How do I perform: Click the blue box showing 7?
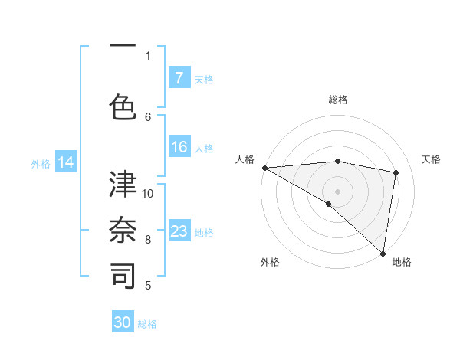pyautogui.click(x=179, y=78)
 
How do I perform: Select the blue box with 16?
pyautogui.click(x=179, y=147)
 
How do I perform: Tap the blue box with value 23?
pyautogui.click(x=179, y=231)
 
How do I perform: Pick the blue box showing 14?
pyautogui.click(x=66, y=162)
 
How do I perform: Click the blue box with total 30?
pyautogui.click(x=123, y=322)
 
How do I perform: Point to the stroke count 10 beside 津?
pyautogui.click(x=149, y=193)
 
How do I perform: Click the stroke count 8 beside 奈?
pyautogui.click(x=149, y=239)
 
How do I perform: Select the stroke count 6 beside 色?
pyautogui.click(x=149, y=116)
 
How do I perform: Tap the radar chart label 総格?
pyautogui.click(x=338, y=100)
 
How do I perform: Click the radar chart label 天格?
pyautogui.click(x=431, y=159)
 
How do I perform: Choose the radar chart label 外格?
pyautogui.click(x=270, y=262)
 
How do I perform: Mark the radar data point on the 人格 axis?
pyautogui.click(x=264, y=168)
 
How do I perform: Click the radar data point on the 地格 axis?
pyautogui.click(x=383, y=253)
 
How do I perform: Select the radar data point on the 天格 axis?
pyautogui.click(x=396, y=172)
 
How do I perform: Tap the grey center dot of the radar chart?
pyautogui.click(x=337, y=191)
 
